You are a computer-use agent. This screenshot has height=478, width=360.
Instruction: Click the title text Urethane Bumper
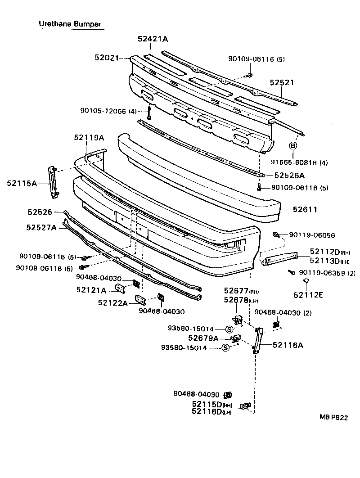(x=69, y=23)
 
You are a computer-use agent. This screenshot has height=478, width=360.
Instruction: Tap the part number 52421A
(x=153, y=39)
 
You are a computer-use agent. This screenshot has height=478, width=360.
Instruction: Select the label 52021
(x=106, y=58)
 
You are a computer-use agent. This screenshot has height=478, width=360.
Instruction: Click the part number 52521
(x=282, y=83)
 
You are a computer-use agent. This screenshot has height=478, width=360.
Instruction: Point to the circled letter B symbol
(x=293, y=145)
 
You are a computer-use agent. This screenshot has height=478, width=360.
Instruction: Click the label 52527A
(x=41, y=228)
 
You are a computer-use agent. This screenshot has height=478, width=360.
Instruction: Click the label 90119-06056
(x=311, y=235)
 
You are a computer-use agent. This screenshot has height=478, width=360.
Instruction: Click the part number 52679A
(x=203, y=338)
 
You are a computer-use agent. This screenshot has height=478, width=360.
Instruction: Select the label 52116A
(x=288, y=345)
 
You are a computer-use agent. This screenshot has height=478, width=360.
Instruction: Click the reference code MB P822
(x=333, y=417)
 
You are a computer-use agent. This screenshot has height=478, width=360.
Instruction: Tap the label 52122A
(x=112, y=302)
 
